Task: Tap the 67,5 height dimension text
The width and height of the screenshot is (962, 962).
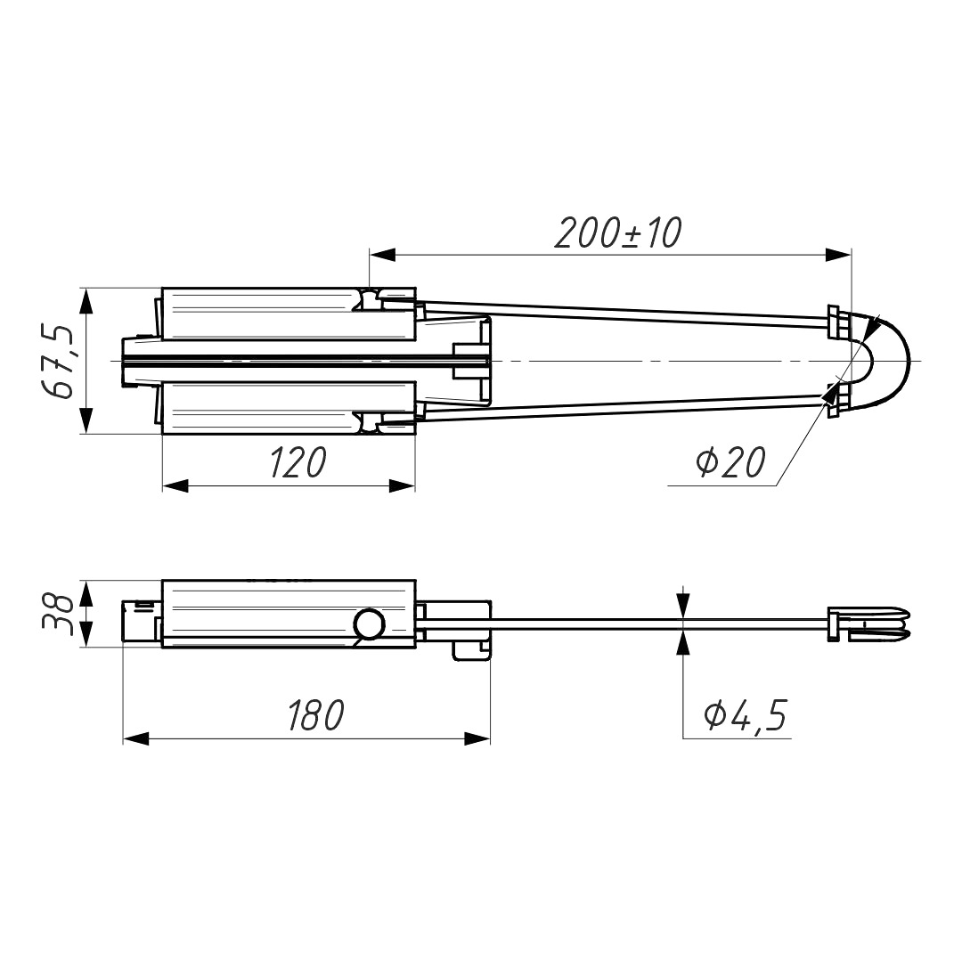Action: [58, 362]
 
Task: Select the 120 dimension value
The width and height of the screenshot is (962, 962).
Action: [298, 462]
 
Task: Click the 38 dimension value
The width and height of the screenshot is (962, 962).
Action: [57, 612]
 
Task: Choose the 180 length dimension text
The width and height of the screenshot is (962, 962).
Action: [316, 714]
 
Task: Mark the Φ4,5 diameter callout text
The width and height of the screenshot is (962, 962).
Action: [745, 714]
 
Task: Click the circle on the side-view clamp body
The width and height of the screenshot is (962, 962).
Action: [370, 624]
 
